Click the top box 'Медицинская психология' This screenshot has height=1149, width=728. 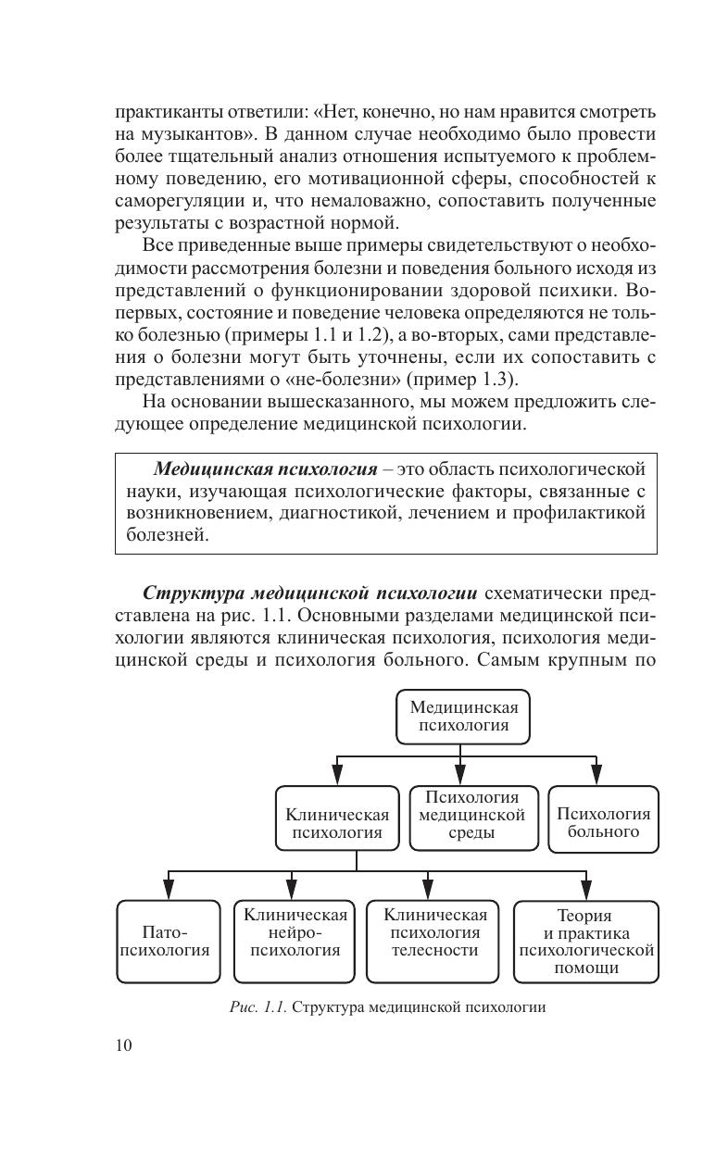pos(463,716)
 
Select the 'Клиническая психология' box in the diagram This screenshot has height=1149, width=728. pos(337,818)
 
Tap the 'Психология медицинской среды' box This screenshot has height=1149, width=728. pos(473,816)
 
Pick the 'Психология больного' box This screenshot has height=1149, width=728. pos(603,818)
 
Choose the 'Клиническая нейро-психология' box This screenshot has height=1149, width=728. pos(295,941)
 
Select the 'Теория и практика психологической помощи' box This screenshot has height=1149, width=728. pos(586,941)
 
